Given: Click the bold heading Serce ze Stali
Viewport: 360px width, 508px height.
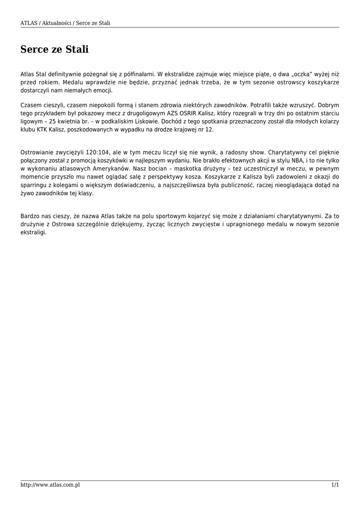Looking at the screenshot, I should click(x=55, y=50).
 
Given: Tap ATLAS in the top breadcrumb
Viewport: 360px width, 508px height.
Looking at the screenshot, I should click(x=29, y=23).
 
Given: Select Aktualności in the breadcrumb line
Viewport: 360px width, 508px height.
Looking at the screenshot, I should click(x=57, y=23).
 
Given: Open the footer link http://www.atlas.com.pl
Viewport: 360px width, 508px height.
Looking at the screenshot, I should click(x=50, y=485).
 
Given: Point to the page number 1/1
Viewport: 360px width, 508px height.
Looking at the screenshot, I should click(x=335, y=485).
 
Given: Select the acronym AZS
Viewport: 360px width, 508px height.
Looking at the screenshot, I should click(x=174, y=113).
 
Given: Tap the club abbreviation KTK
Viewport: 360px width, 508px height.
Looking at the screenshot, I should click(x=45, y=130).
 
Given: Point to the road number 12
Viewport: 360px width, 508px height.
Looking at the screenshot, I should click(x=209, y=130).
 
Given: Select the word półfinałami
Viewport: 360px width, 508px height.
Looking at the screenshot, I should click(x=140, y=74).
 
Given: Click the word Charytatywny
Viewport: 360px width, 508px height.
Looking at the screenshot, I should click(x=285, y=152).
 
